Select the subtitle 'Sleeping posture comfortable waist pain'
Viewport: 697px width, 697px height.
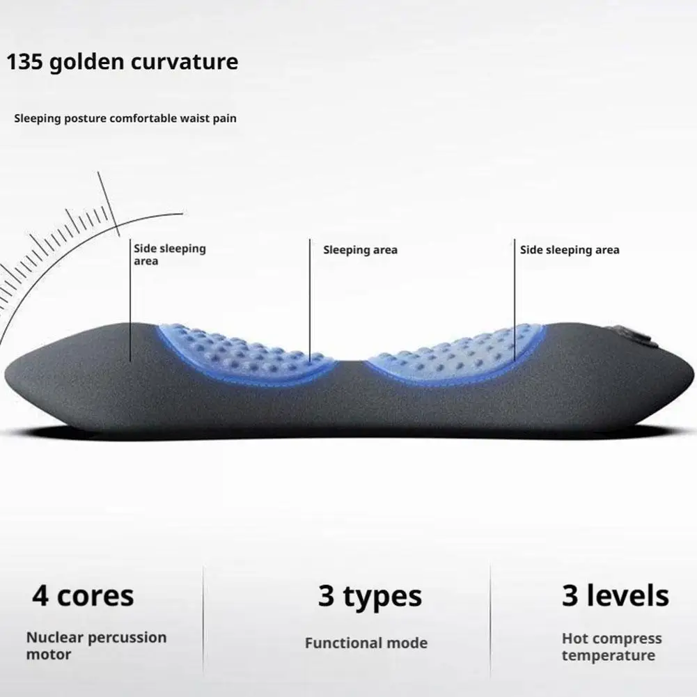[x=125, y=118]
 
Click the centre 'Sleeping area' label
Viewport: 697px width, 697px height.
[x=360, y=250]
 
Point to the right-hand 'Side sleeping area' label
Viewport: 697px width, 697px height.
[x=570, y=250]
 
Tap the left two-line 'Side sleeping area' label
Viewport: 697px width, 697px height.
[x=169, y=255]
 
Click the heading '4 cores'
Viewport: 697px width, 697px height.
[x=83, y=596]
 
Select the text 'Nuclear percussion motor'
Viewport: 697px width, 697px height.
[x=96, y=645]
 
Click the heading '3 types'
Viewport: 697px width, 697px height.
[x=370, y=597]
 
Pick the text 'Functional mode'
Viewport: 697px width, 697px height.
[x=366, y=643]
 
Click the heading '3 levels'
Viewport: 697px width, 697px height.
[x=615, y=596]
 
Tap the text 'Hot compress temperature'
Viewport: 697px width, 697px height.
[x=611, y=646]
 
